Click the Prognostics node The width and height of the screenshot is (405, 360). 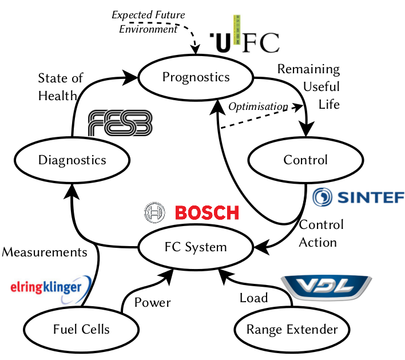coord(196,77)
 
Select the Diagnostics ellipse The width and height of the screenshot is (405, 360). coord(72,160)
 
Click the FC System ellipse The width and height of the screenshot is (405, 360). coord(196,247)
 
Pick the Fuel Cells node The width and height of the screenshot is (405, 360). coord(81,329)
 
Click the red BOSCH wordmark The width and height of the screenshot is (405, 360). coord(207,213)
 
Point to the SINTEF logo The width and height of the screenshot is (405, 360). coord(358,197)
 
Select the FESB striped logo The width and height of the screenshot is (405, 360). coord(121,122)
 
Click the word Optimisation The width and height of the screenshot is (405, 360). coord(257,106)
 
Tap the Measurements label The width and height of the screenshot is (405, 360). coord(45,252)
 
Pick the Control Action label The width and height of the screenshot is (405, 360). coord(321,233)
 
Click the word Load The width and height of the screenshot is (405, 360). coord(253,298)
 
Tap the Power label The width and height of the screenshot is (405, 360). coord(152,302)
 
